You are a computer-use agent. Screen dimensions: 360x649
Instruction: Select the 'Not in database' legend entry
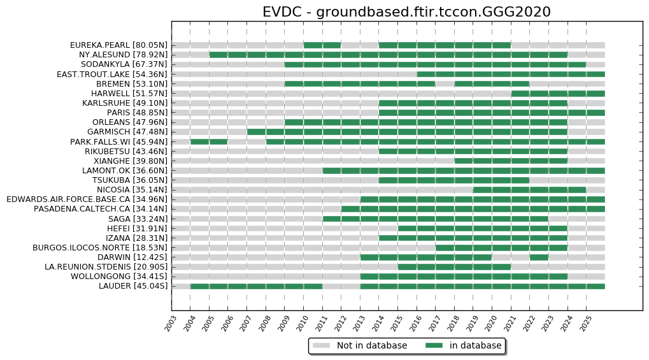[x=371, y=345]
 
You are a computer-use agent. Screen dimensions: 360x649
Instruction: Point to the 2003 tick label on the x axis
[x=170, y=324]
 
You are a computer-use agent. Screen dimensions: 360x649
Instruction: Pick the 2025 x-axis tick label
[x=585, y=324]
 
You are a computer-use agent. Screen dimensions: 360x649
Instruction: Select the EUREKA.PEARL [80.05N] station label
[x=119, y=45]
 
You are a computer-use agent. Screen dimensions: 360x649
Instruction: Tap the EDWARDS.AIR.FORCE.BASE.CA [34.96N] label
[x=87, y=199]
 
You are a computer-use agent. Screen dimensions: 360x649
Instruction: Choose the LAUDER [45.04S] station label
[x=133, y=286]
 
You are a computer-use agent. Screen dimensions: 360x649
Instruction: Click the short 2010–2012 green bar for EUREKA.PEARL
[x=322, y=45]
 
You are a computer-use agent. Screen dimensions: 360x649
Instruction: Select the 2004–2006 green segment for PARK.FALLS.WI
[x=209, y=141]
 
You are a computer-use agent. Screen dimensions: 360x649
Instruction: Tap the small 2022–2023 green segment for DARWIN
[x=539, y=257]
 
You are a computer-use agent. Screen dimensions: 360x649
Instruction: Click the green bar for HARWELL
[x=558, y=93]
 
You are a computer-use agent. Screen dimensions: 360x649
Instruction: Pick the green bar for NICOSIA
[x=529, y=189]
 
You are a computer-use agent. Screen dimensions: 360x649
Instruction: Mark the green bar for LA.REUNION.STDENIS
[x=454, y=266]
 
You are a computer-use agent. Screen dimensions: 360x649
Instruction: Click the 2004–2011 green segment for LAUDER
[x=256, y=286]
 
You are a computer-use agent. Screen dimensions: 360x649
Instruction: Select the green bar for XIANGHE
[x=511, y=161]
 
